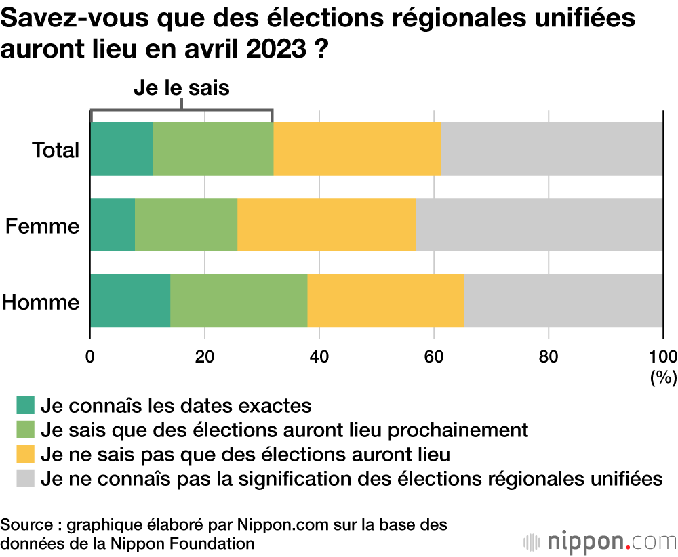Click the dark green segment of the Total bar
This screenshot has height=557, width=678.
[122, 149]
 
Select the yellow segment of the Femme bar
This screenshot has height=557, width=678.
[326, 225]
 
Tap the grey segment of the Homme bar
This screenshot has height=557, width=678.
[563, 301]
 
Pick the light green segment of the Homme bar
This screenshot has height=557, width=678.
[239, 301]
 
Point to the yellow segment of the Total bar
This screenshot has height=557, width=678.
[357, 149]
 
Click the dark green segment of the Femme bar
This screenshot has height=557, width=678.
[113, 225]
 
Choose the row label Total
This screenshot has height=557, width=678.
[56, 150]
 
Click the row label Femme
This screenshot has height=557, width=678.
[43, 226]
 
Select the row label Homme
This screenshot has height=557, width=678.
[41, 302]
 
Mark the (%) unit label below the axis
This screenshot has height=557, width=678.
[663, 377]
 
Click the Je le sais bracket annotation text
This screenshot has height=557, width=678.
[182, 88]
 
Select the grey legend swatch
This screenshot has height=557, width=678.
[25, 478]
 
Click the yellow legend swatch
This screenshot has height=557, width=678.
[25, 454]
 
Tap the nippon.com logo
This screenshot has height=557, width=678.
[600, 541]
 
